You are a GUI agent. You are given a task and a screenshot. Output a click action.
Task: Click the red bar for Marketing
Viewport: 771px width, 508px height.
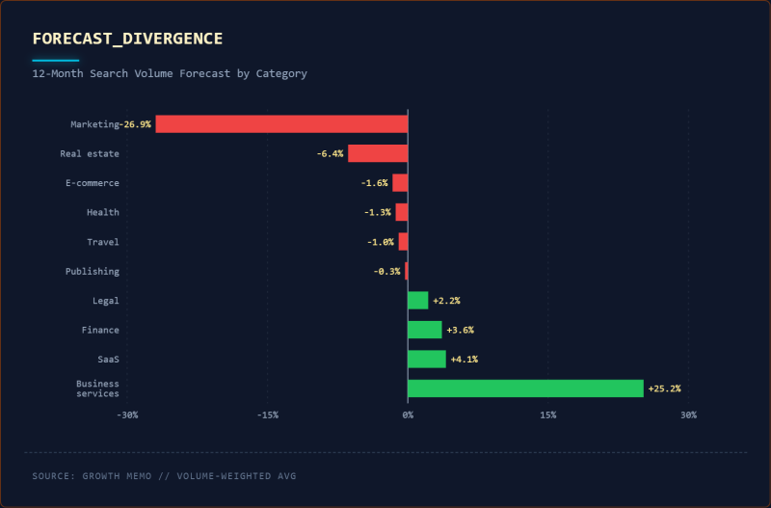(x=281, y=123)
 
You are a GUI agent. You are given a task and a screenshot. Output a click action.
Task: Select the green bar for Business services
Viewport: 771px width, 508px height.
(x=525, y=388)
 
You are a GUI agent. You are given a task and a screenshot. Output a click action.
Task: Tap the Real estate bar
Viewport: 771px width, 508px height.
(x=378, y=153)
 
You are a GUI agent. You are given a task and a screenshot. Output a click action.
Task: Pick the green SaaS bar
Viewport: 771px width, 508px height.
(x=427, y=360)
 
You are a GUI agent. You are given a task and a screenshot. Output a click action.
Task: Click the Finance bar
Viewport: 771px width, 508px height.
(x=425, y=330)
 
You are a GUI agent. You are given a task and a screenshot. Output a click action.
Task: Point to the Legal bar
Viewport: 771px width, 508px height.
(x=418, y=301)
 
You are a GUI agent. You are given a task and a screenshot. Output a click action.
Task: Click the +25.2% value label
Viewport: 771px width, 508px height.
(x=664, y=388)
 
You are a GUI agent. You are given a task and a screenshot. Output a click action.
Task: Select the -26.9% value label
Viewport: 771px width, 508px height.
(x=136, y=124)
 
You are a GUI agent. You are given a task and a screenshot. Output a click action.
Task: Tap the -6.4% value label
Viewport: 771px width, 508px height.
(x=330, y=153)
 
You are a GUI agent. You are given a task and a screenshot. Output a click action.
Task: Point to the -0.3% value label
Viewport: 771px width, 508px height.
(x=386, y=272)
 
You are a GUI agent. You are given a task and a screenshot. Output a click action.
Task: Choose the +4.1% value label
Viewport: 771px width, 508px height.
(x=464, y=360)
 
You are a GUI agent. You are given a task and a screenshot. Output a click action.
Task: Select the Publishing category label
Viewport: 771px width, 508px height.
(x=93, y=272)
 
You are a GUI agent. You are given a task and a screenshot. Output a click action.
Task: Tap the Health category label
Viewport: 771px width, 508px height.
(x=103, y=212)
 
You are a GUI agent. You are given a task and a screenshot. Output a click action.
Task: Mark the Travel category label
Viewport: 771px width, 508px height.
(x=103, y=242)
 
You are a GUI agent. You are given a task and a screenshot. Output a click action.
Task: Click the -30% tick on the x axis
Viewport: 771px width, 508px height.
(x=127, y=415)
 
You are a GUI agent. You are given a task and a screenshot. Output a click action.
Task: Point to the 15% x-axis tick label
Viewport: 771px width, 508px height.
(x=547, y=415)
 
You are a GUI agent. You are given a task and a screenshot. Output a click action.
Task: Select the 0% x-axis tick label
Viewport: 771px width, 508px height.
(x=408, y=415)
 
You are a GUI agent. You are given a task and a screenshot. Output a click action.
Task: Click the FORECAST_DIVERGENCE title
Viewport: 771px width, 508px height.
(x=127, y=39)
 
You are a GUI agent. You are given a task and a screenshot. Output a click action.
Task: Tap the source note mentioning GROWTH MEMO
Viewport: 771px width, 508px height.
(x=163, y=475)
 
